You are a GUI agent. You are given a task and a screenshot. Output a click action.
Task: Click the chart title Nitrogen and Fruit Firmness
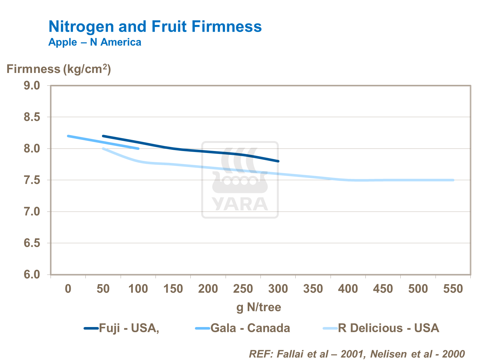click(155, 27)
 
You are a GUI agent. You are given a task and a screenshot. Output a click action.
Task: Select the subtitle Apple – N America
click(95, 42)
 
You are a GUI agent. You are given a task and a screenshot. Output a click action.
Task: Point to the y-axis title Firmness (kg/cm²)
click(59, 69)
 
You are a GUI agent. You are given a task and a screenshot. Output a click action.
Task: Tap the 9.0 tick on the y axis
click(32, 85)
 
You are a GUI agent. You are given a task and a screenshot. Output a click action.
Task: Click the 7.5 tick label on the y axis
click(32, 180)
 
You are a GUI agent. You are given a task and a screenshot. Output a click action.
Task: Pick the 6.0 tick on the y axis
click(32, 275)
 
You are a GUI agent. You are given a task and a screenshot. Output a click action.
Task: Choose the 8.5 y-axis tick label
click(32, 117)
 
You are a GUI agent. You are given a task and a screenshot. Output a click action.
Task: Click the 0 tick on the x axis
click(68, 289)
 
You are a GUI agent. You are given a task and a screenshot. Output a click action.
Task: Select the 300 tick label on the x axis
click(278, 289)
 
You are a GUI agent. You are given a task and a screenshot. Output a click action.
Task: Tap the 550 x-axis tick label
click(453, 289)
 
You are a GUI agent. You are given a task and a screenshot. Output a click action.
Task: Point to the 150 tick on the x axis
click(173, 289)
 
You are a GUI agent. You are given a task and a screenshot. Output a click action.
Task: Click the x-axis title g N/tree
click(259, 307)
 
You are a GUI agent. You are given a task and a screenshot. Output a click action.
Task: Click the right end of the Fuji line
click(278, 161)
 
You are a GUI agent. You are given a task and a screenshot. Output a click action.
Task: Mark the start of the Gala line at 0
click(68, 136)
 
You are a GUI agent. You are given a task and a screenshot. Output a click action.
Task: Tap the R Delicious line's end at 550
click(453, 180)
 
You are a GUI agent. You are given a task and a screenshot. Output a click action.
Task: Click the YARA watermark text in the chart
click(240, 204)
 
